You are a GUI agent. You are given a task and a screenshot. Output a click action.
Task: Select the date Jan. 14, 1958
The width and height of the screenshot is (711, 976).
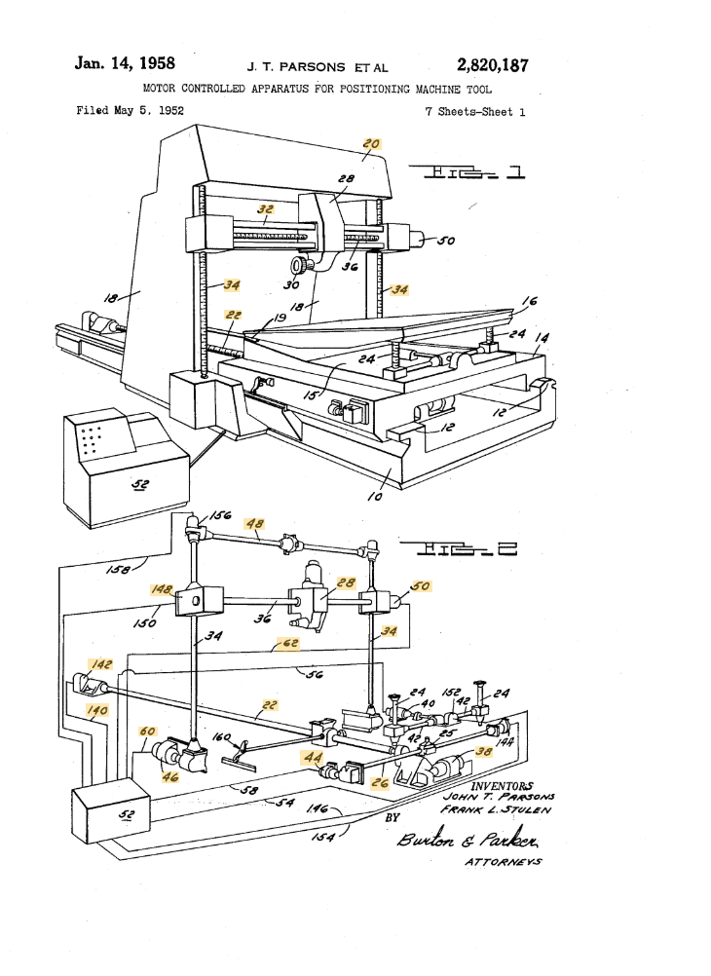125,64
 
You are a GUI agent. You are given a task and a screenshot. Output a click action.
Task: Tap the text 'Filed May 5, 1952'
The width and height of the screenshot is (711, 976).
131,110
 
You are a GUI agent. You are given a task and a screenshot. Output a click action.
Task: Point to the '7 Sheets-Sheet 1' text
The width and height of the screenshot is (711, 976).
475,111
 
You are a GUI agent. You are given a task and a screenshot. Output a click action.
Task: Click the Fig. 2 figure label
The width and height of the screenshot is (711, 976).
465,550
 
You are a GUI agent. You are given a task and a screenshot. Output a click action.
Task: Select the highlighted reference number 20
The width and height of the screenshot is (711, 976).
371,143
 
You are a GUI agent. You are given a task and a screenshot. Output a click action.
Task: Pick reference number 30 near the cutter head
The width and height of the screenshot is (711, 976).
289,285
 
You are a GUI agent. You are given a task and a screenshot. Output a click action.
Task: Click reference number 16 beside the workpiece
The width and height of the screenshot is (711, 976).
530,302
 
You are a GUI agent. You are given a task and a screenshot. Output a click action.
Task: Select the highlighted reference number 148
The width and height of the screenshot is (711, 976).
160,590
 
